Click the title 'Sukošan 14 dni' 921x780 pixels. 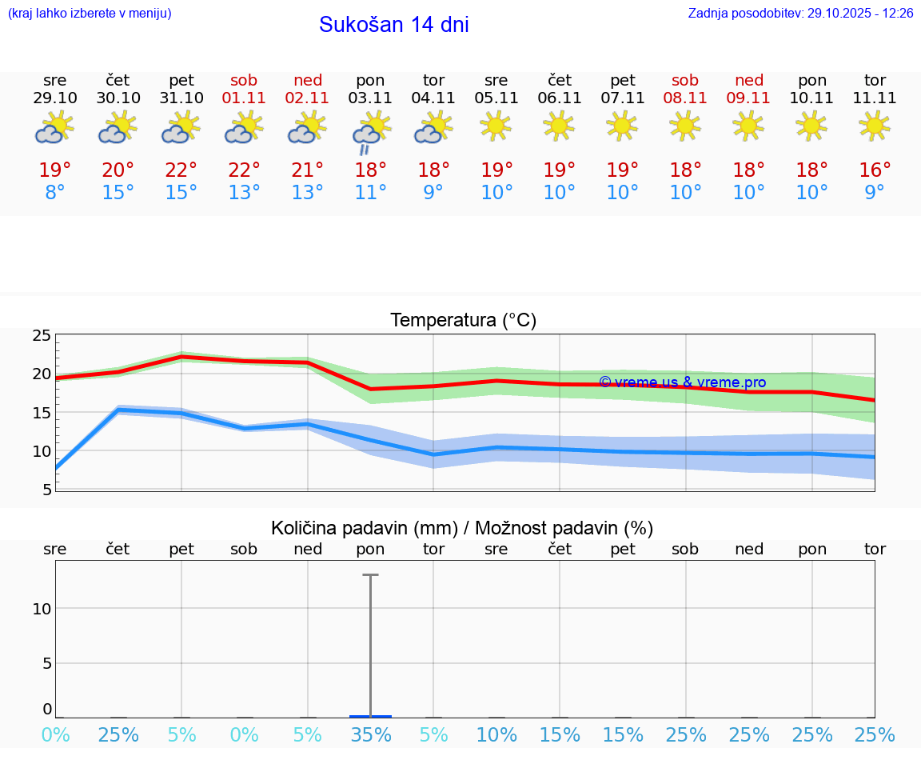[x=393, y=25]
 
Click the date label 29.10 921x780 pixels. [x=55, y=98]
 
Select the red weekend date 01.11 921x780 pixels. [x=245, y=98]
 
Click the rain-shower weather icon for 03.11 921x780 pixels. [x=371, y=132]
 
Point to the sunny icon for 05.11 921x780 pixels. [x=496, y=126]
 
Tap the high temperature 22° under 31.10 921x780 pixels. [x=181, y=170]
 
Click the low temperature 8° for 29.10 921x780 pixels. [x=55, y=193]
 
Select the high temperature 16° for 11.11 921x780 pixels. [x=875, y=170]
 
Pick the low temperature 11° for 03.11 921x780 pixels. [x=371, y=193]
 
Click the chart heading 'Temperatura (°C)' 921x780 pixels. [x=463, y=320]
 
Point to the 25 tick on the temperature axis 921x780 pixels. [x=42, y=335]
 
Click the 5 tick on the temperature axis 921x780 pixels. [x=46, y=489]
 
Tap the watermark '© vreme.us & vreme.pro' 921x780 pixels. [x=682, y=382]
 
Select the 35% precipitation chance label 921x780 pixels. [x=371, y=734]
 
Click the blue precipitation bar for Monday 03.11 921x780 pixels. [x=371, y=716]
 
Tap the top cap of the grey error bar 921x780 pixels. [x=371, y=574]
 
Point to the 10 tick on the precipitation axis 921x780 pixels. [x=42, y=609]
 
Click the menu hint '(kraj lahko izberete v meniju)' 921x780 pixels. [x=90, y=14]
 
